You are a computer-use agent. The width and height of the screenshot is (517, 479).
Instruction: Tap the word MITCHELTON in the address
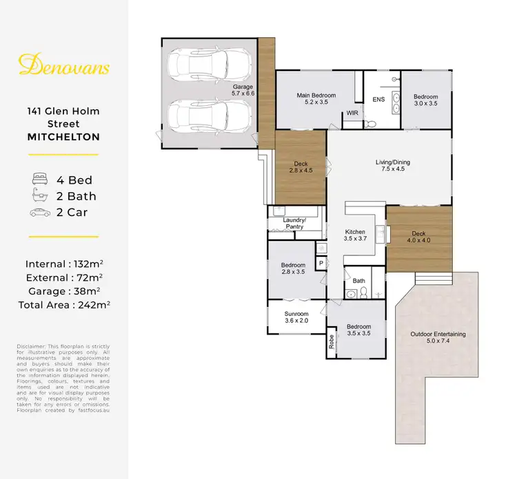point(63,137)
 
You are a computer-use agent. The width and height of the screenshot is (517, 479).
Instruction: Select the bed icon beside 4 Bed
point(39,179)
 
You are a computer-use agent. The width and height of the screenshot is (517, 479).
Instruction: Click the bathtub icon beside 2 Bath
point(39,195)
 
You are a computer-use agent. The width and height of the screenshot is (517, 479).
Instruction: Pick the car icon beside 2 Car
point(39,212)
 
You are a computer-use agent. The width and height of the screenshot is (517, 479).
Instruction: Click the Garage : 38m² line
point(63,290)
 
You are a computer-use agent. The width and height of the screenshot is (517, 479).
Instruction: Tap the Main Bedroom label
point(316,98)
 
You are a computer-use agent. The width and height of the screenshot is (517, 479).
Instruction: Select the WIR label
point(352,112)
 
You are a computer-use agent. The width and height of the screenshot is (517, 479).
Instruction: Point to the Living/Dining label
point(392,166)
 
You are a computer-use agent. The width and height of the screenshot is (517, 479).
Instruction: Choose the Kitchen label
point(354,235)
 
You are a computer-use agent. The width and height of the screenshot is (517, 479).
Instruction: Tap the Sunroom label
point(296,317)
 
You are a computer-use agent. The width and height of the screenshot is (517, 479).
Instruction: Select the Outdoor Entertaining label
point(438,337)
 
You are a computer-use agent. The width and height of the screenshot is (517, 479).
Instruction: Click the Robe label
point(332,343)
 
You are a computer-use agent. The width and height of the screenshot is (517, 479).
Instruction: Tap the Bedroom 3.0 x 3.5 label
point(425,100)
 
